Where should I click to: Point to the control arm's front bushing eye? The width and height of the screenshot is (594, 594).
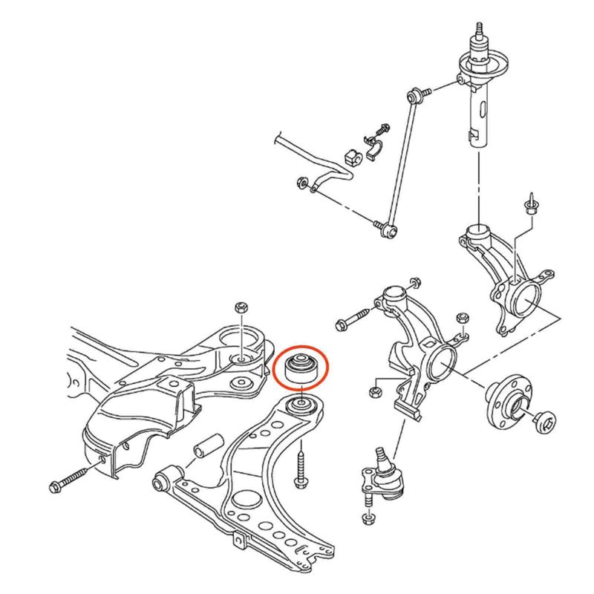(x=166, y=483)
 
